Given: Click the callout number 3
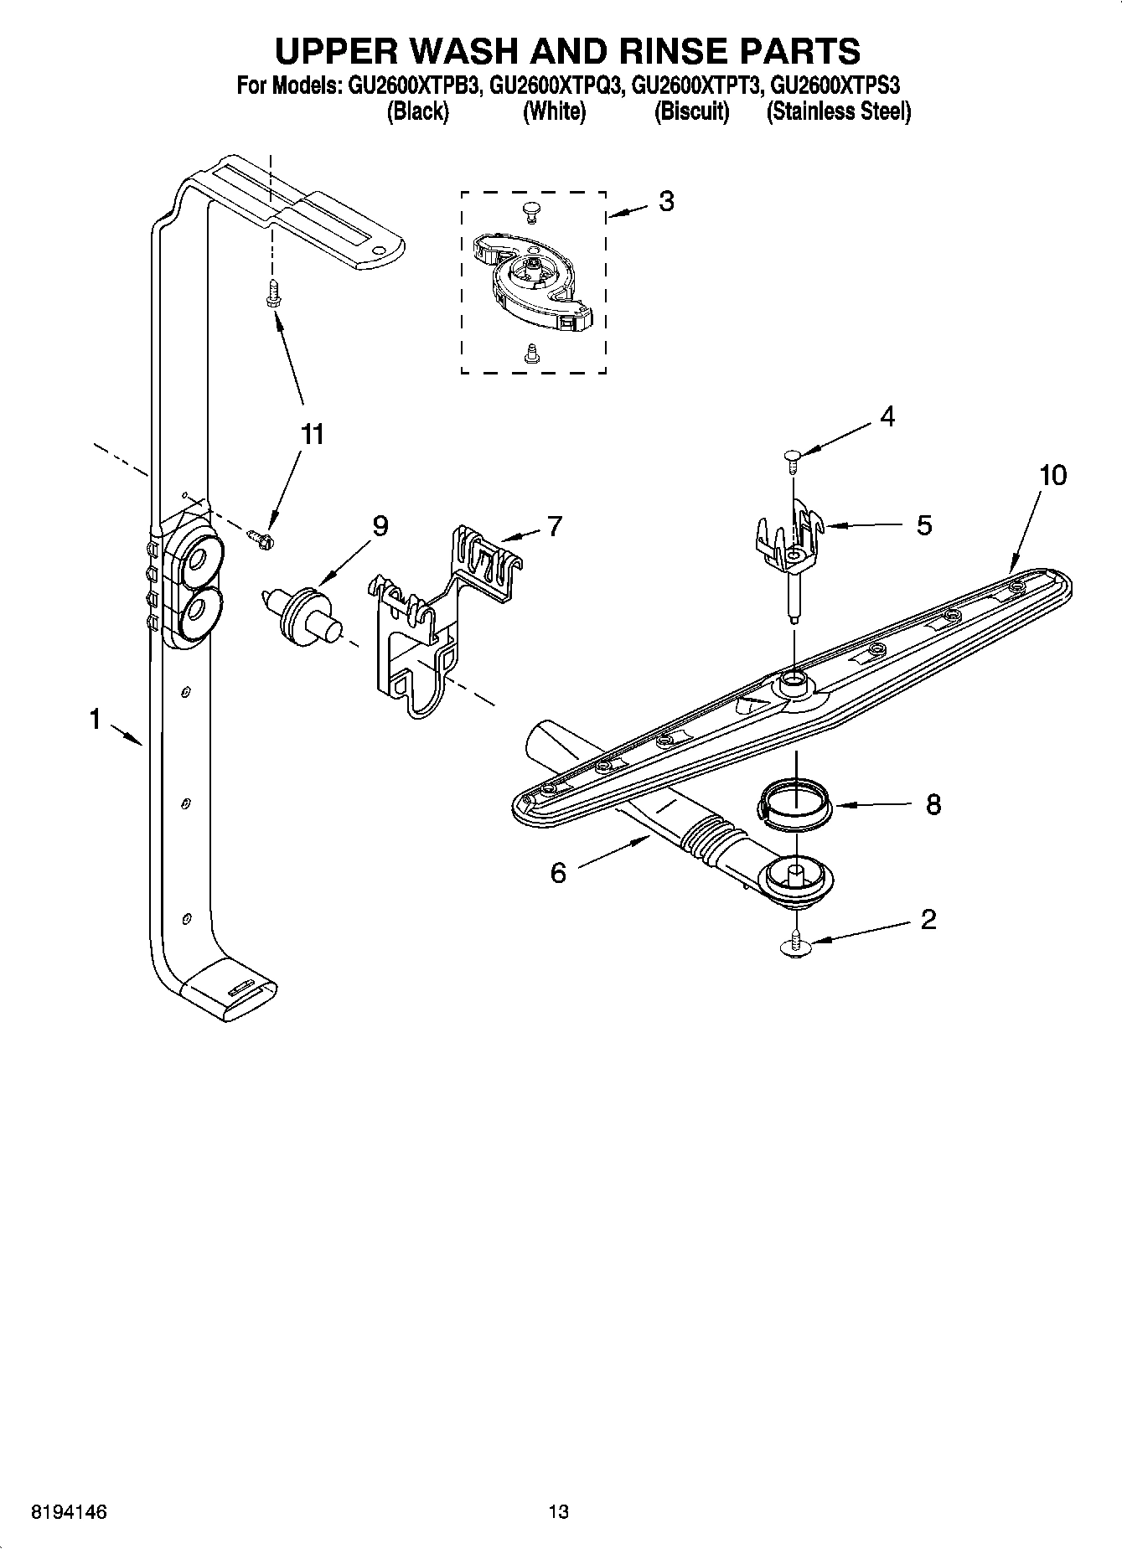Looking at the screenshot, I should pos(665,201).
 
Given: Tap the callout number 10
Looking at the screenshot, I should pos(1052,475).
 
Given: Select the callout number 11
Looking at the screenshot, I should pos(312,434).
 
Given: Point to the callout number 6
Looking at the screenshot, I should pos(558,873).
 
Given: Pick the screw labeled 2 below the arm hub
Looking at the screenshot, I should pos(795,944).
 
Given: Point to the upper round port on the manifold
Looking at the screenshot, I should pos(199,559).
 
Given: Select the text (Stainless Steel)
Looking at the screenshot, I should pos(838,111).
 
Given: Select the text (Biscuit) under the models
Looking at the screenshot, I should pos(691,111).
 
